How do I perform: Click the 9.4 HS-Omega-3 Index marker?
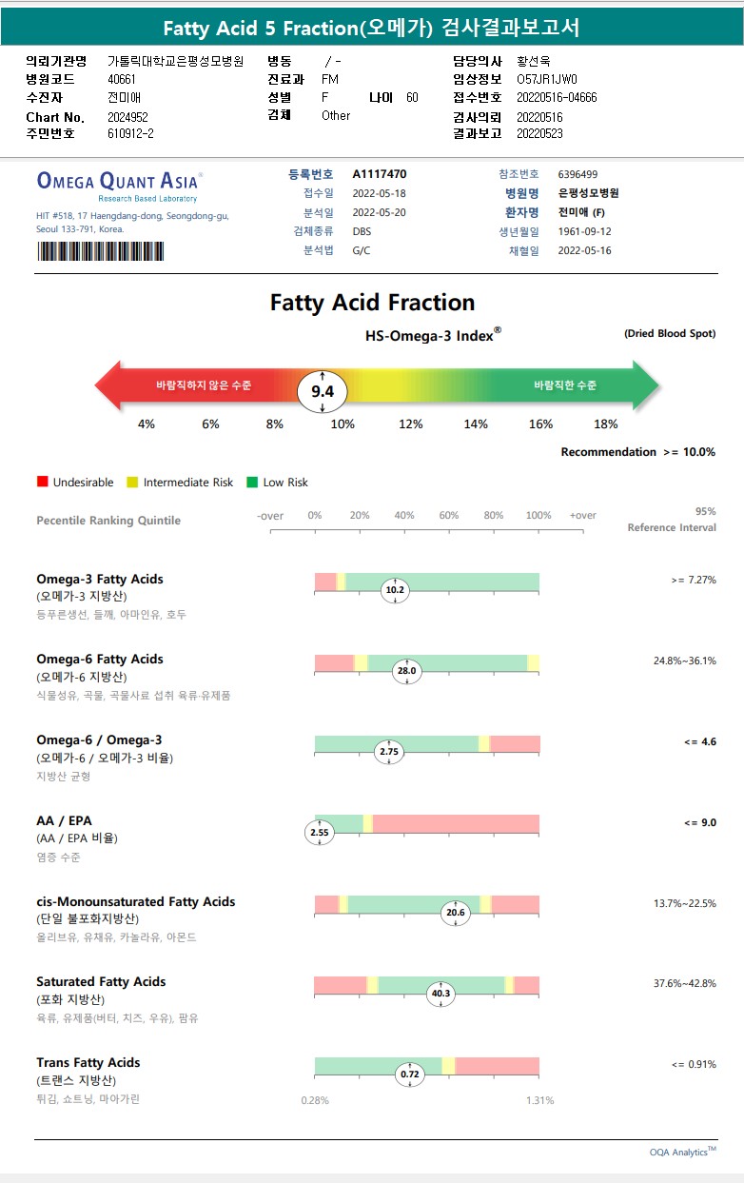click(x=323, y=391)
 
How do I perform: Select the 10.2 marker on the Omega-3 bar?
click(x=394, y=590)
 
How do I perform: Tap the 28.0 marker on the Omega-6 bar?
click(x=407, y=671)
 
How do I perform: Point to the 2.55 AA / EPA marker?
click(x=320, y=832)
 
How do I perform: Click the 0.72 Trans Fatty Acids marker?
click(x=410, y=1075)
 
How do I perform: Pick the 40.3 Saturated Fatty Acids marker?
click(x=441, y=994)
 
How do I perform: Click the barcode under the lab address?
click(x=100, y=251)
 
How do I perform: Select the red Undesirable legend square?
click(x=42, y=483)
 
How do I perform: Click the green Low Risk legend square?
click(x=252, y=483)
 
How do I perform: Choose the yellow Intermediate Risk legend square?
click(x=133, y=483)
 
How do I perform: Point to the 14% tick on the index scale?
click(x=476, y=424)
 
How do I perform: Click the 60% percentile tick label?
click(x=449, y=516)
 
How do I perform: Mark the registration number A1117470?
click(x=380, y=174)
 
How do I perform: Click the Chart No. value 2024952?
click(x=128, y=117)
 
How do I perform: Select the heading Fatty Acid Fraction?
click(x=372, y=303)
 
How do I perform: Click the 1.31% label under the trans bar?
click(x=539, y=1100)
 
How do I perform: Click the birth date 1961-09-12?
click(x=584, y=231)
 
